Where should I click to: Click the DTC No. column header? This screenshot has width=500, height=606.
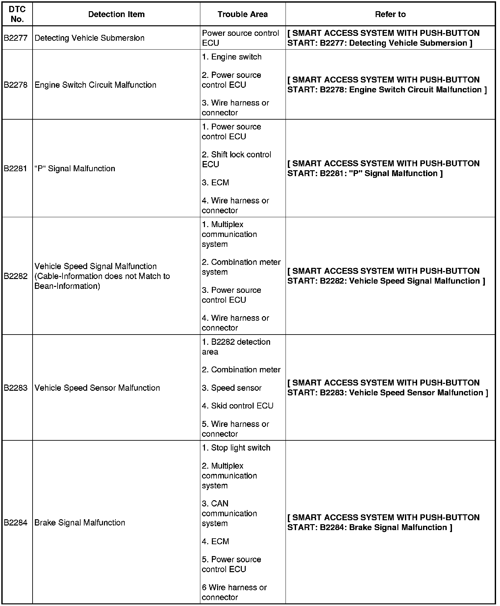(x=17, y=14)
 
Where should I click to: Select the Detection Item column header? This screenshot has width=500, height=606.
(x=116, y=14)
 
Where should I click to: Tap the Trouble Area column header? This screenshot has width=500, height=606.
(x=242, y=14)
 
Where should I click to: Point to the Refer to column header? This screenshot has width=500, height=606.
(x=390, y=14)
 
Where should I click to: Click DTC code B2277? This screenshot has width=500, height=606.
(x=16, y=38)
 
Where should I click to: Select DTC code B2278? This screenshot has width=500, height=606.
(x=16, y=85)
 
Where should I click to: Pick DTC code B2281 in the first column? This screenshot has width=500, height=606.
(x=16, y=169)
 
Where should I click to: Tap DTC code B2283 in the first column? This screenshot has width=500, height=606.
(x=16, y=388)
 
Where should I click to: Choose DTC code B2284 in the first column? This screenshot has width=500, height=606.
(x=16, y=523)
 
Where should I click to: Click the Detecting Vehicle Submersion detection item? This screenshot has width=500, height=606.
(x=89, y=38)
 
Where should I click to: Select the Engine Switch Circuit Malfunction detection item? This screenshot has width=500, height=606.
(x=95, y=85)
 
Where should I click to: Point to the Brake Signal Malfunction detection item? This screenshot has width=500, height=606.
(x=80, y=523)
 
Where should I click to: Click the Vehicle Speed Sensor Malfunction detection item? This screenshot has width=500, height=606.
(x=97, y=388)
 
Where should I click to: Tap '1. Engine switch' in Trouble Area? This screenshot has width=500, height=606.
(x=232, y=57)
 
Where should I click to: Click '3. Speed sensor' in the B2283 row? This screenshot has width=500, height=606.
(x=232, y=388)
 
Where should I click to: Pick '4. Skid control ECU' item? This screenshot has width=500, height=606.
(x=238, y=406)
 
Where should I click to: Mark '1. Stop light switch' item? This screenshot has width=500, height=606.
(x=236, y=448)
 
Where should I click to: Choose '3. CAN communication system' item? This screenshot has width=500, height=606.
(x=229, y=513)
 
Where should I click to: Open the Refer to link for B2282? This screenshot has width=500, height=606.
(x=386, y=276)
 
